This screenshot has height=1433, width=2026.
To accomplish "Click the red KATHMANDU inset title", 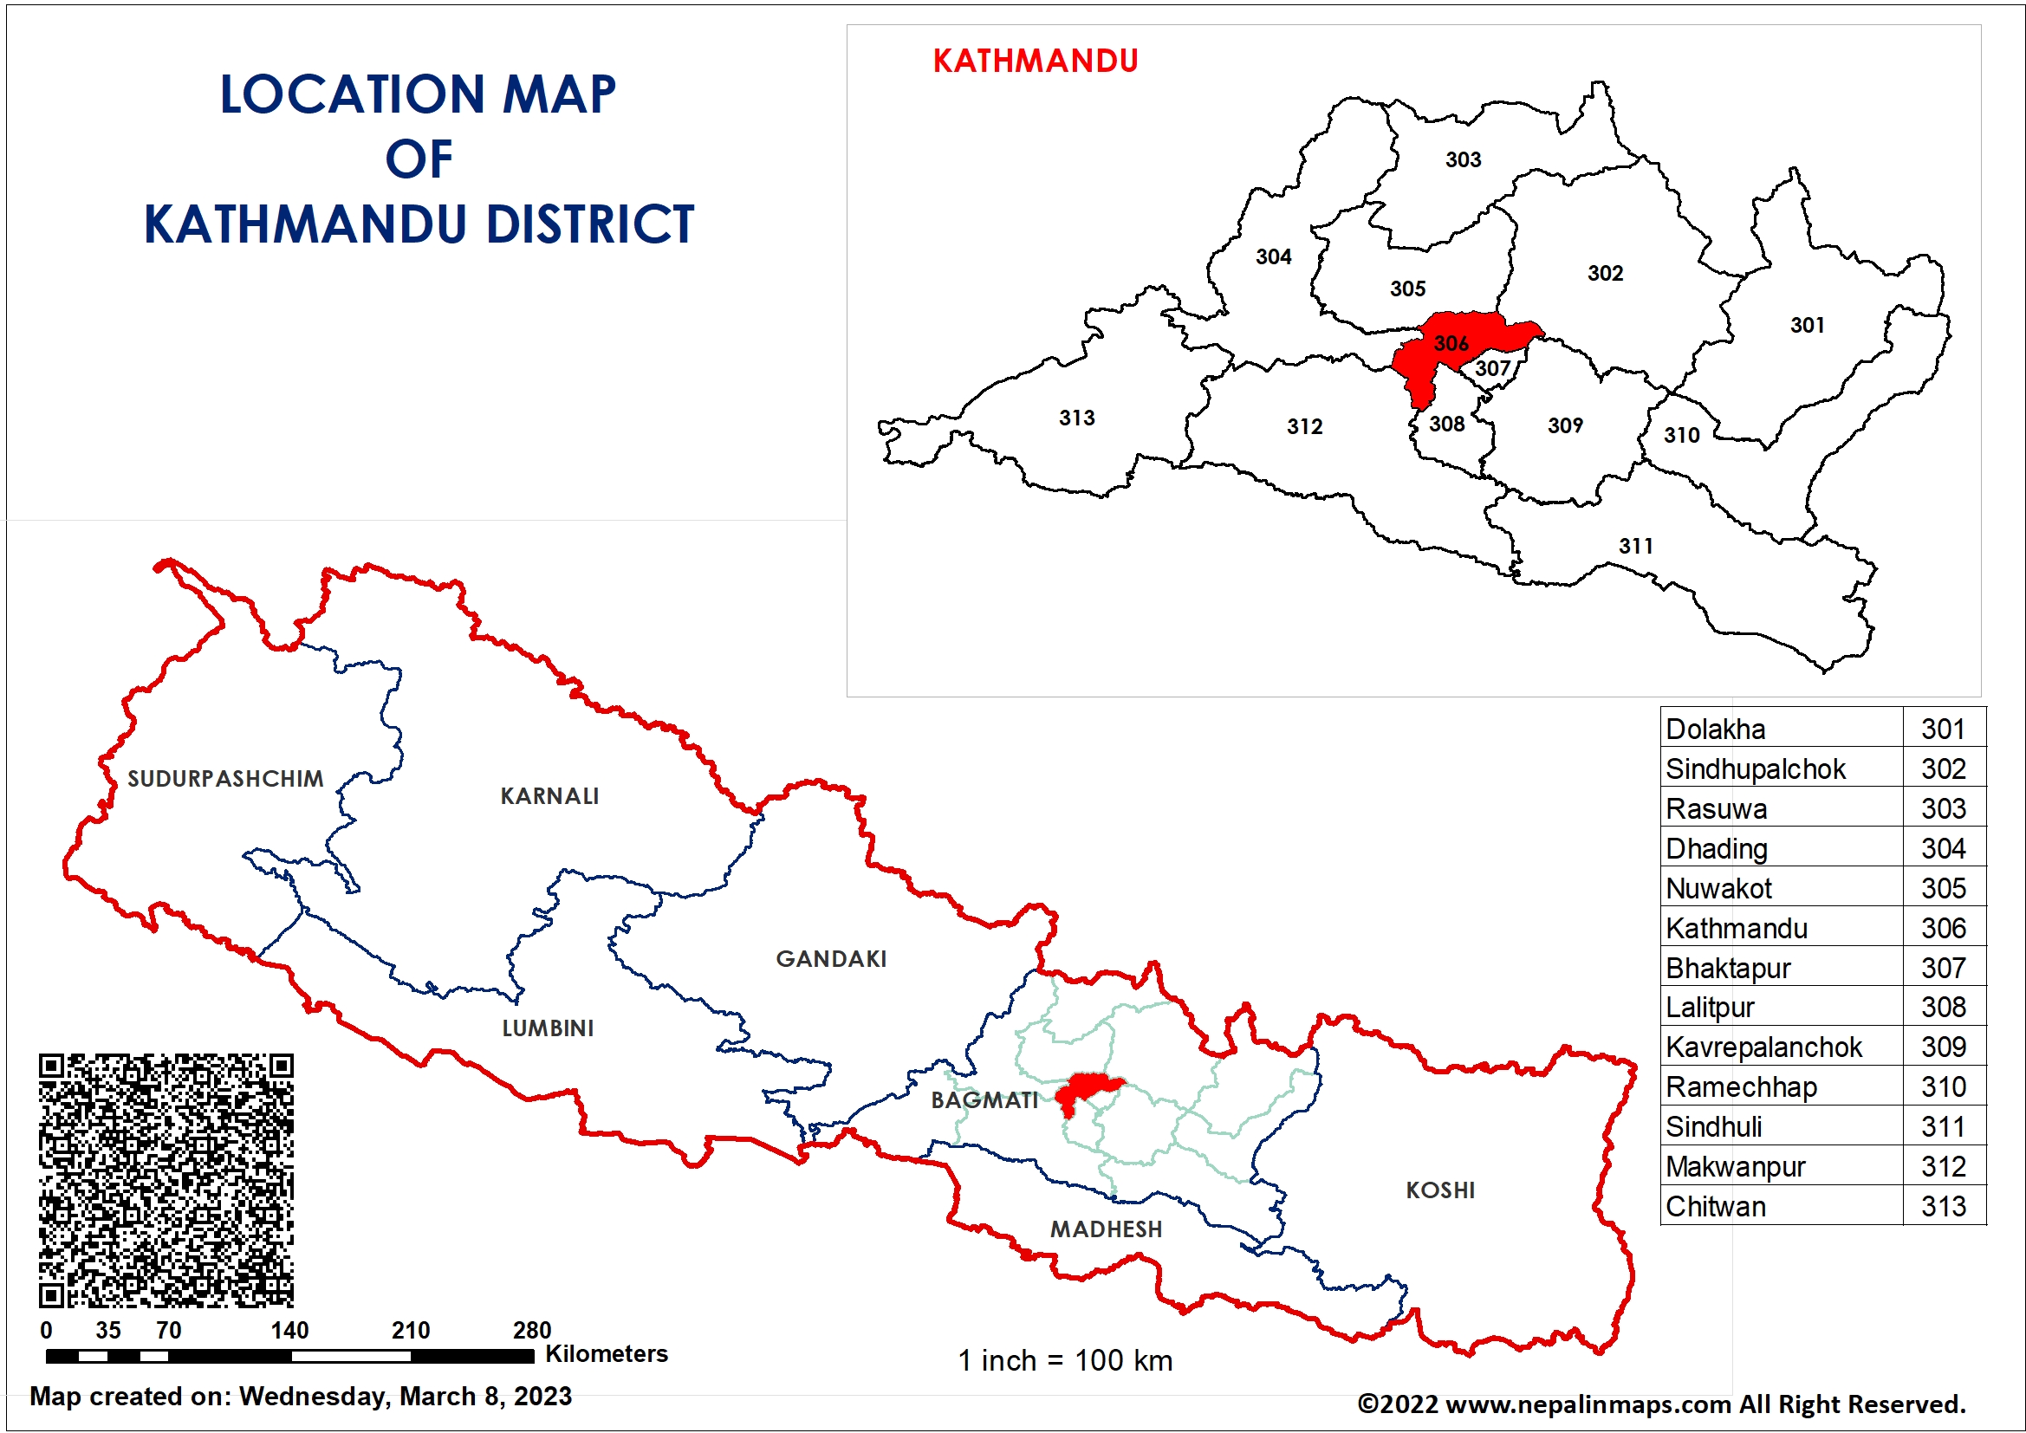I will [1034, 61].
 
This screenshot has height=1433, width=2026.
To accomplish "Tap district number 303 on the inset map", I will [1462, 159].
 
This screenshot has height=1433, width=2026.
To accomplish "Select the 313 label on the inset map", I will [1076, 418].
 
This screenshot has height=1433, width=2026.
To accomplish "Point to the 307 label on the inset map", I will [1492, 368].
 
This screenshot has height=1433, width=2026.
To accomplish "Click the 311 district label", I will [1635, 546].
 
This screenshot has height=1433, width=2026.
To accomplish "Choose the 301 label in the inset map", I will [1806, 325].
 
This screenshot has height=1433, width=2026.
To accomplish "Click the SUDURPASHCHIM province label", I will [225, 778].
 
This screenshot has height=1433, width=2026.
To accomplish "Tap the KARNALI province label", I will [549, 796].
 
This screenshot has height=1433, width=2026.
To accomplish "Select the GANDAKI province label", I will [830, 958].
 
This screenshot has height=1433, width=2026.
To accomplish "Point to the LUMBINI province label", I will [547, 1028].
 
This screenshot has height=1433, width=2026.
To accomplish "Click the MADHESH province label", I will [1105, 1229].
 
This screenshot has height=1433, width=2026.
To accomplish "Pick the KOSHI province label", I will [1439, 1190].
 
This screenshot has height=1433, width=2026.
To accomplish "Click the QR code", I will [166, 1180].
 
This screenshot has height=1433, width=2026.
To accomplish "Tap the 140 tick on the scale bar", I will [289, 1330].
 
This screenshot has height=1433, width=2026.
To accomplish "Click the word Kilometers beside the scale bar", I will [607, 1353].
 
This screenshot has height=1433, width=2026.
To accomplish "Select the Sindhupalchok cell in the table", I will [1755, 768].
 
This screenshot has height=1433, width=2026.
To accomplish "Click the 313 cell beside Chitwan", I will [1943, 1205].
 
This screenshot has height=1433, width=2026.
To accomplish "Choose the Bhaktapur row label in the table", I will [1728, 968].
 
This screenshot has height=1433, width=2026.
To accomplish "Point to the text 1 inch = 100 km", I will [1065, 1359].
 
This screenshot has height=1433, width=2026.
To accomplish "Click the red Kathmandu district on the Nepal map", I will [1085, 1091].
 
